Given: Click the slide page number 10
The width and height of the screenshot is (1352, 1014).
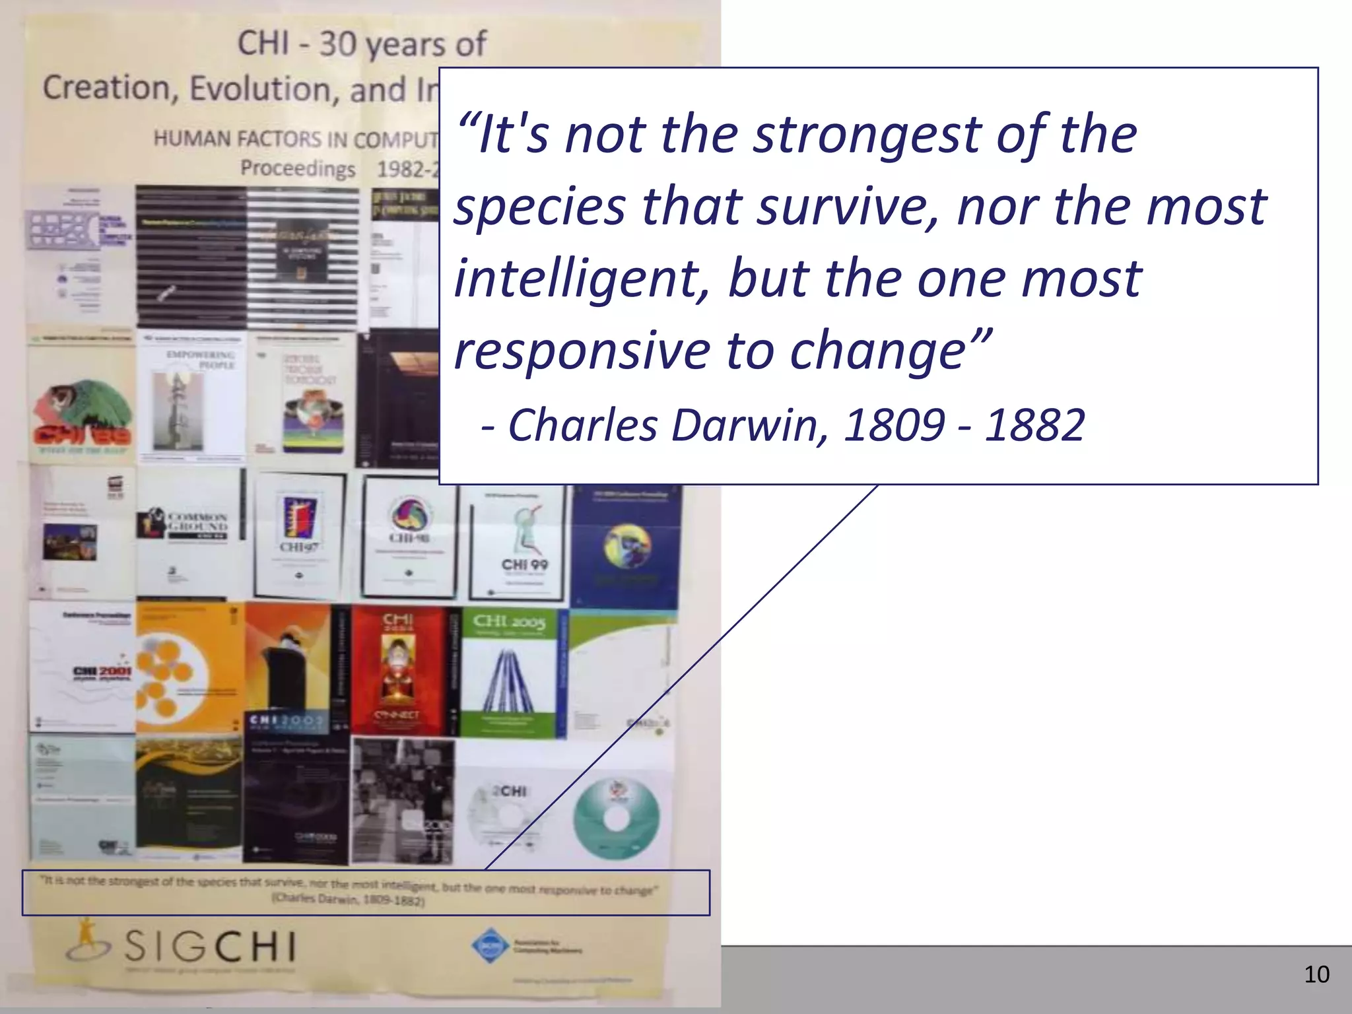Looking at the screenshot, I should (1316, 974).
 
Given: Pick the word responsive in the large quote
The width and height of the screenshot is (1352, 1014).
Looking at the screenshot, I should (582, 351).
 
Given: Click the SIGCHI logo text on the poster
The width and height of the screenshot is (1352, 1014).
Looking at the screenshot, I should (210, 947).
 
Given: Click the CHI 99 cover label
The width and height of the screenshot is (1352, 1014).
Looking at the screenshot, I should (524, 564).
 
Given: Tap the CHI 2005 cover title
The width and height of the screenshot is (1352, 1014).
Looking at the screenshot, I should (509, 622).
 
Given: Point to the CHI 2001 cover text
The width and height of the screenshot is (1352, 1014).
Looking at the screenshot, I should (102, 671).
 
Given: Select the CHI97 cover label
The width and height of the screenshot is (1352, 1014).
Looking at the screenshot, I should (299, 547).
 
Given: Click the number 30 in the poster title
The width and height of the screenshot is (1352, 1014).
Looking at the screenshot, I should (337, 44).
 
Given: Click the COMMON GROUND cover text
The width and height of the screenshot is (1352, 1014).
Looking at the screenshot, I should (197, 522).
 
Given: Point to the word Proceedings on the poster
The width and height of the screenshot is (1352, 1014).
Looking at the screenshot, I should (298, 168).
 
